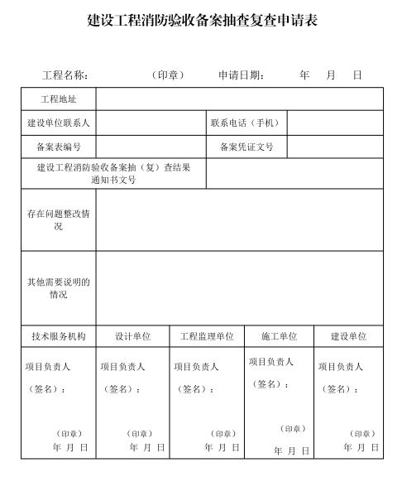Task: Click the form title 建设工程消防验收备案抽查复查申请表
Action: pyautogui.click(x=202, y=21)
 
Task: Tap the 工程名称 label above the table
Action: pyautogui.click(x=65, y=75)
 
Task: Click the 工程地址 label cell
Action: pyautogui.click(x=59, y=99)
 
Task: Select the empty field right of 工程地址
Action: pyautogui.click(x=239, y=99)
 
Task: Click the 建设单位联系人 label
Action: pyautogui.click(x=59, y=123)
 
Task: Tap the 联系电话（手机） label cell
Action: pyautogui.click(x=246, y=123)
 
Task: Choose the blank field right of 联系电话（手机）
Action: pyautogui.click(x=335, y=123)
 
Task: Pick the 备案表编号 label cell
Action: pyautogui.click(x=59, y=147)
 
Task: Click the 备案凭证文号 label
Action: pyautogui.click(x=246, y=147)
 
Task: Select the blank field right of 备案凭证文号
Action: pyautogui.click(x=335, y=147)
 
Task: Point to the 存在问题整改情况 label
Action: pyautogui.click(x=59, y=220)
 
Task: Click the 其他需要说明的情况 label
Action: pyautogui.click(x=59, y=288)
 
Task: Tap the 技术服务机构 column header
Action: pyautogui.click(x=59, y=337)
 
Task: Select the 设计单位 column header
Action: pyautogui.click(x=132, y=337)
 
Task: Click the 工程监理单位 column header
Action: pyautogui.click(x=207, y=337)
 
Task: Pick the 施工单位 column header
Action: pyautogui.click(x=279, y=337)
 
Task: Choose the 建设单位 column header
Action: pyautogui.click(x=348, y=337)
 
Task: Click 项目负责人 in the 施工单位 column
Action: pyautogui.click(x=271, y=362)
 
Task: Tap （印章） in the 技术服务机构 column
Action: pyautogui.click(x=69, y=433)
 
